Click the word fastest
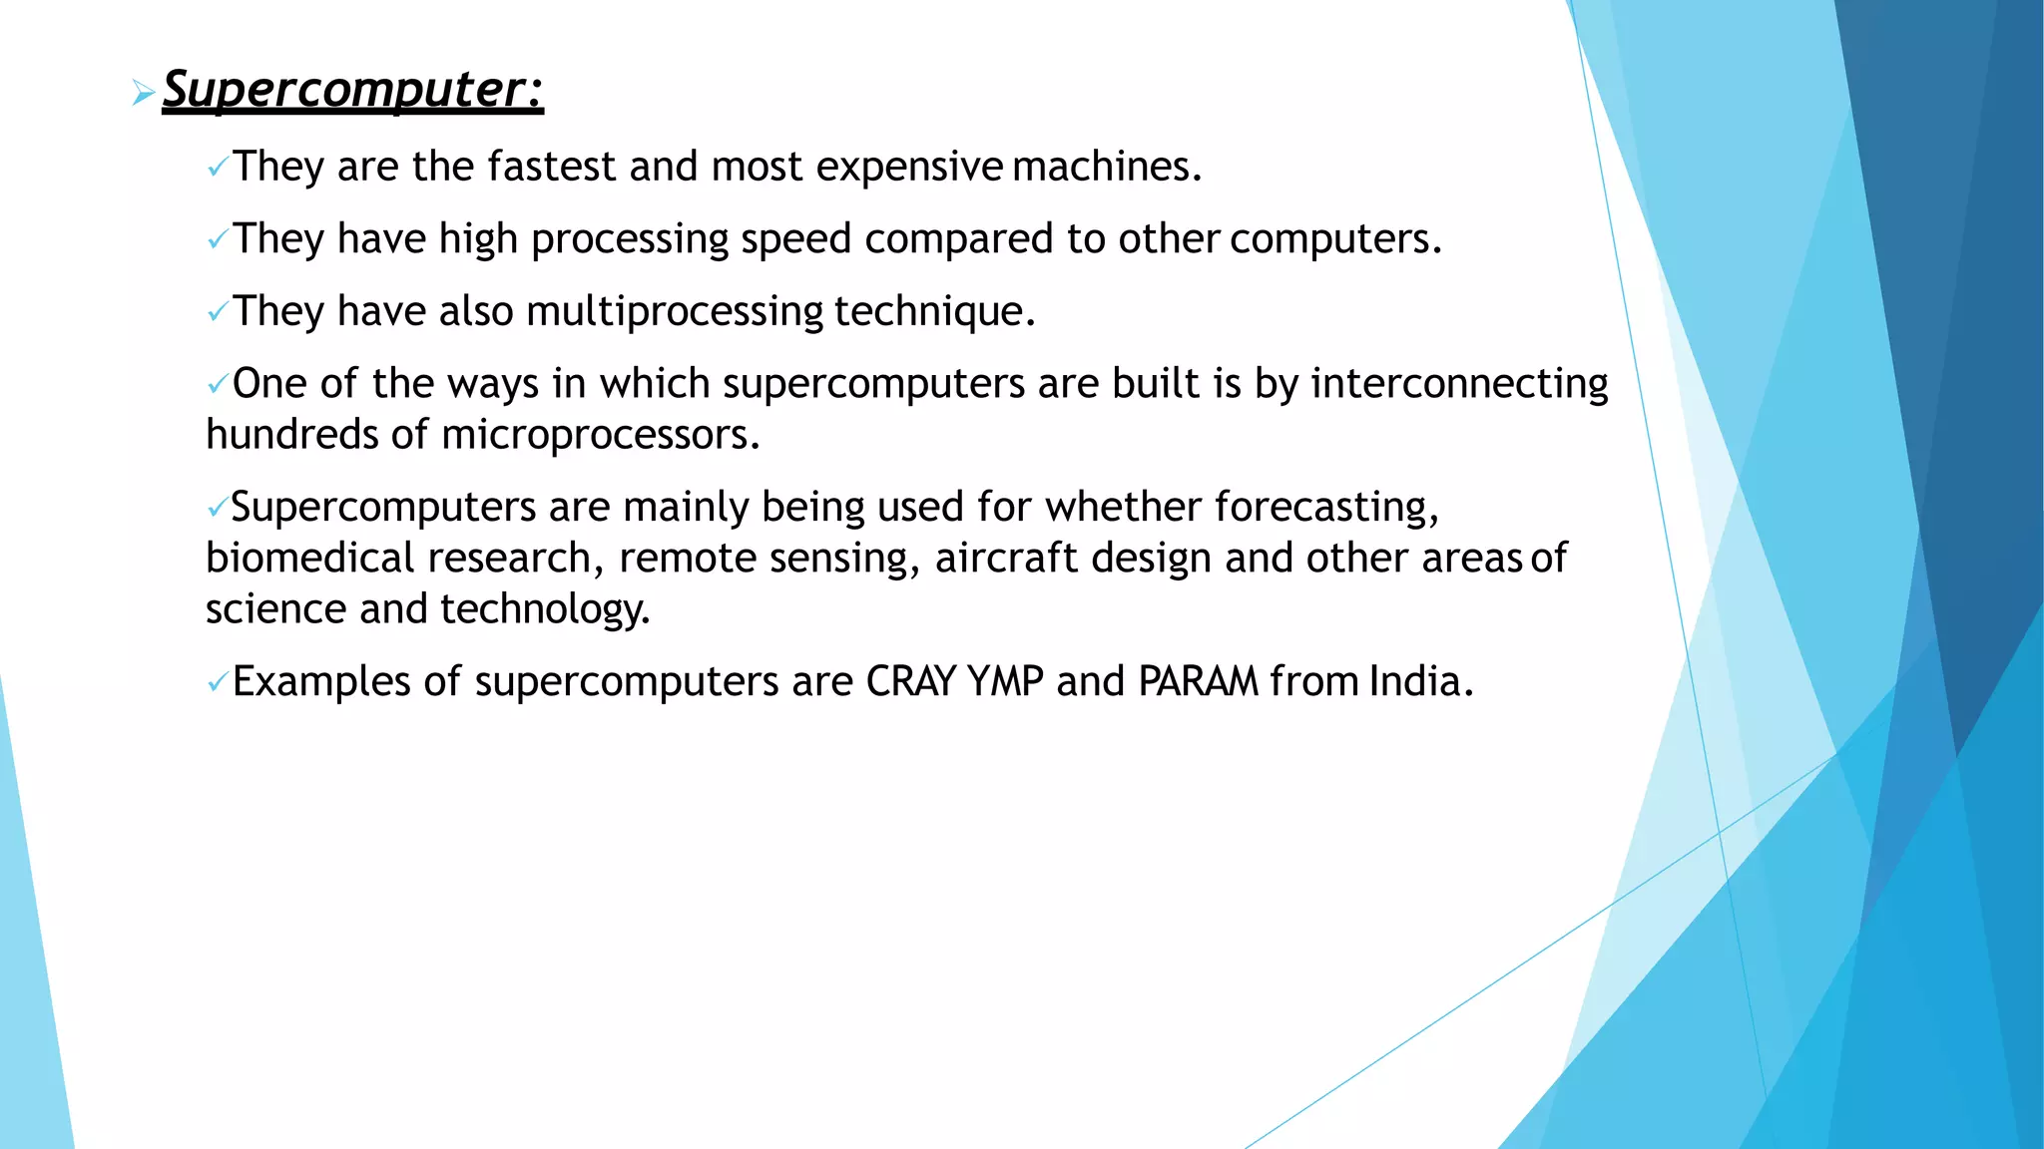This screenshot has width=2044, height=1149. coord(552,167)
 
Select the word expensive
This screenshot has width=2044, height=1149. coord(909,167)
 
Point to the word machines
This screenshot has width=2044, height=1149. coord(1106,167)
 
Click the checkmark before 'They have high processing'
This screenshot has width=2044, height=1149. coord(217,240)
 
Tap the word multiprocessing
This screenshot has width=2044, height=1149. coord(675,312)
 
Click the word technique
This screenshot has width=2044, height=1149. coord(934,312)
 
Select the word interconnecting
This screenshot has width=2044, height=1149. coord(1459,384)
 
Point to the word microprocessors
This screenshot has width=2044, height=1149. coord(600,435)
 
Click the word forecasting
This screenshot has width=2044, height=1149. coord(1326,508)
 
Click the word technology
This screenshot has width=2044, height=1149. coord(545,609)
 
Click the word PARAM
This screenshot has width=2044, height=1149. coord(1198,682)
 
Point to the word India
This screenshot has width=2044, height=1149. coord(1420,682)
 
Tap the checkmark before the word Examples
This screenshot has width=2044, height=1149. coord(217,684)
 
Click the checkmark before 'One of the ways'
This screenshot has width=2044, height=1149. coord(217,386)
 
